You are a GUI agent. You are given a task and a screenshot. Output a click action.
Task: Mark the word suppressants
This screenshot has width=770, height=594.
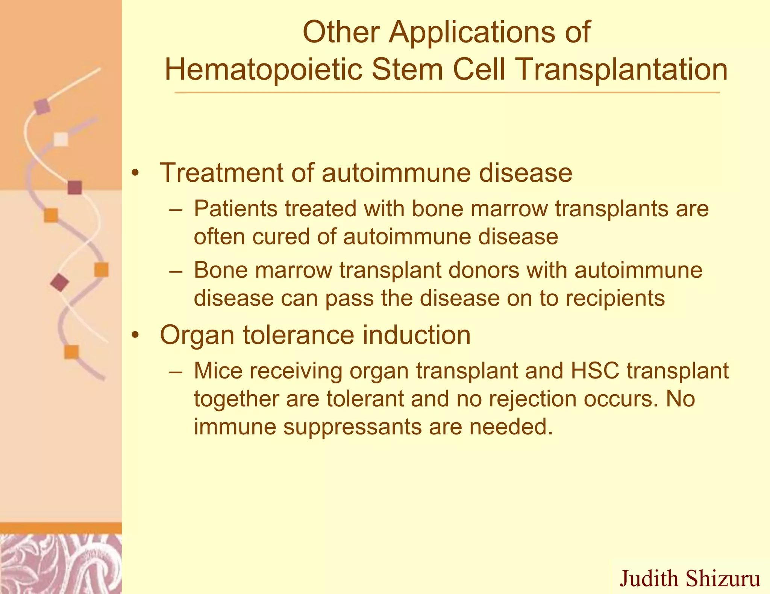coord(353,427)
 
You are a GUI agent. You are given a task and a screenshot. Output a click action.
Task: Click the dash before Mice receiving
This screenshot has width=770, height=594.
coord(176,371)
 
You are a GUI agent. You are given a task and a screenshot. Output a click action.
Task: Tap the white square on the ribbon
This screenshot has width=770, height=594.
coord(61,139)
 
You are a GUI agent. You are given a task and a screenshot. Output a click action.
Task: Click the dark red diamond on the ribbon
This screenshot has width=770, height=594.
coord(59,282)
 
